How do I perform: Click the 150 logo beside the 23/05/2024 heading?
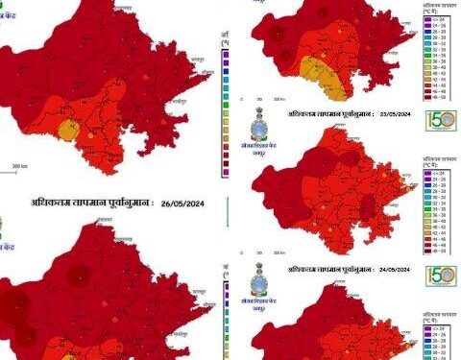click(441, 124)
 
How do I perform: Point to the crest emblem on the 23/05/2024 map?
click(262, 126)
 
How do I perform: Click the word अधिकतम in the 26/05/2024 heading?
click(52, 203)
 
